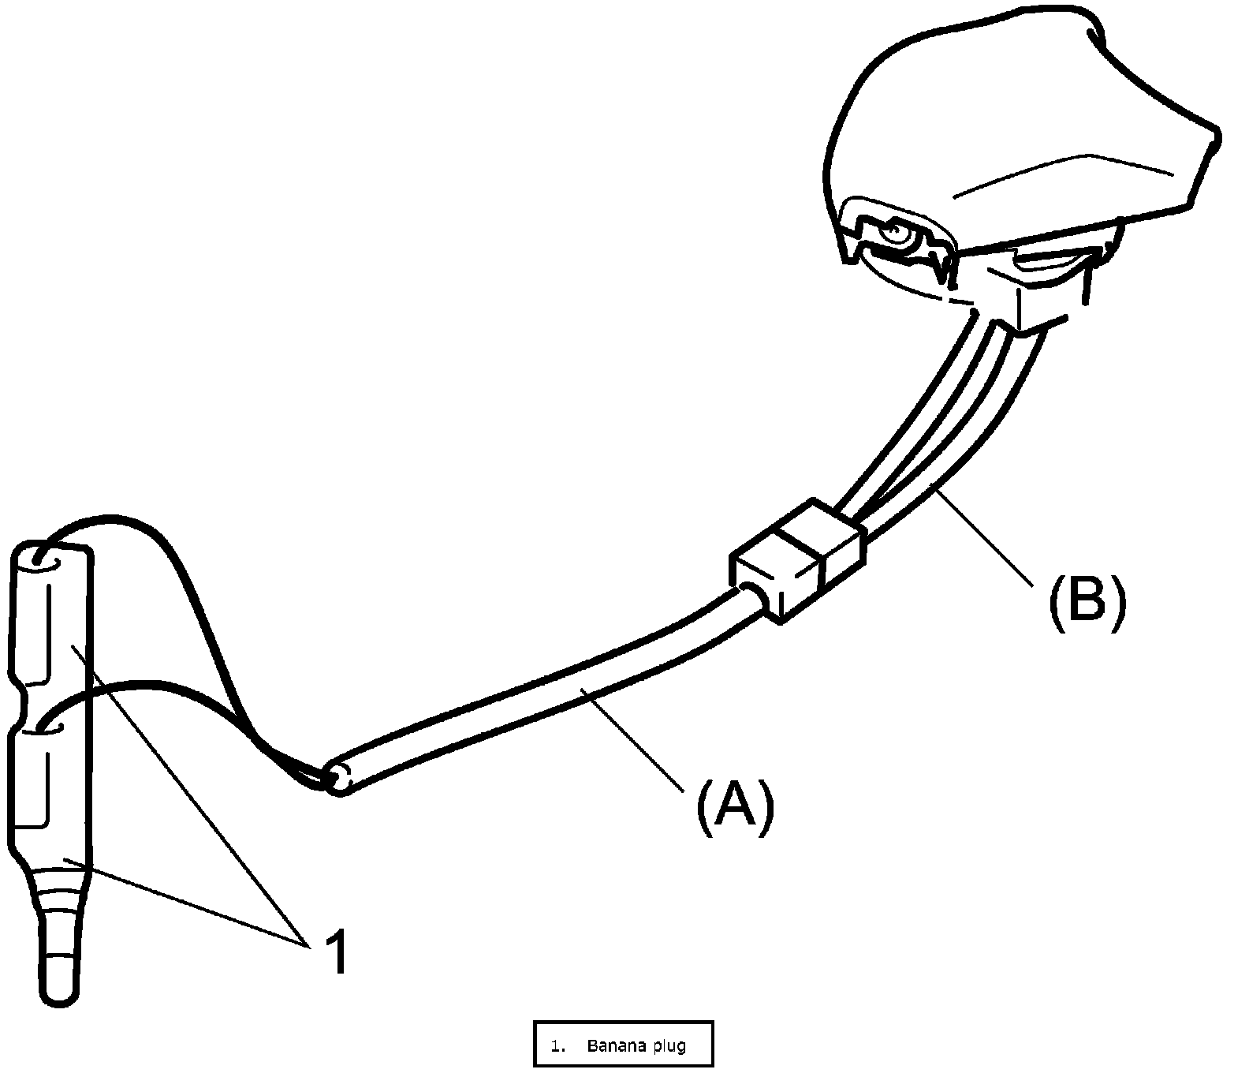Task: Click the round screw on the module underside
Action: coord(893,231)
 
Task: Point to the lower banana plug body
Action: coord(47,789)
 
